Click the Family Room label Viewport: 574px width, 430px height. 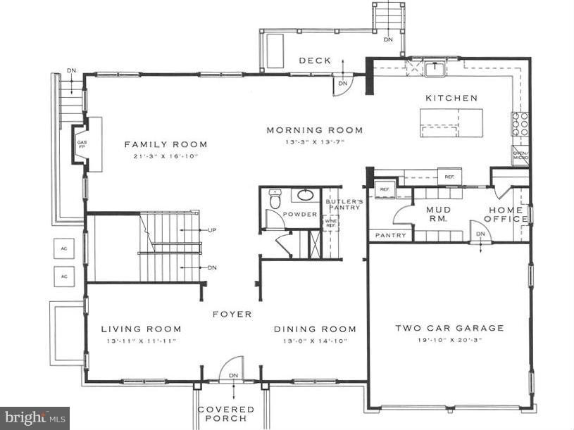(x=166, y=145)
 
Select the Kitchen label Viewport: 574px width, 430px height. (x=451, y=99)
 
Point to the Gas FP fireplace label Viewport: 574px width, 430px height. (x=81, y=144)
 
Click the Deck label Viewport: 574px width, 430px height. (x=315, y=61)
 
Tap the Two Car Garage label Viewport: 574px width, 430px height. (x=449, y=328)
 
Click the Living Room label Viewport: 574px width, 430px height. (x=141, y=329)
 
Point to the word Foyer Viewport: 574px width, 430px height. (x=232, y=315)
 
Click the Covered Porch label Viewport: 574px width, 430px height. (x=225, y=414)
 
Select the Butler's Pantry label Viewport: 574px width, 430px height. (x=344, y=205)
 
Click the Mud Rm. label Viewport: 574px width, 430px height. (x=438, y=214)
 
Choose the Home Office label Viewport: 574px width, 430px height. (x=507, y=214)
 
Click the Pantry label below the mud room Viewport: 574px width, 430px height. (x=391, y=235)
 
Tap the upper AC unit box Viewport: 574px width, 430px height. (x=63, y=249)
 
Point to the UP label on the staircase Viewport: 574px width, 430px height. (x=211, y=230)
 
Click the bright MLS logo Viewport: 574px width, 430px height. (x=35, y=418)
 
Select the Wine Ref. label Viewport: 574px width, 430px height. (x=330, y=222)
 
